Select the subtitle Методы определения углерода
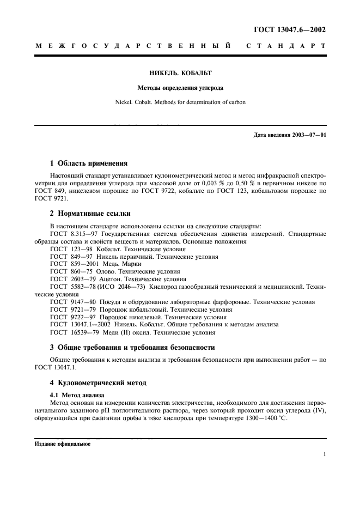[x=180, y=87]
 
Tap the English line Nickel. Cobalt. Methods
[x=180, y=101]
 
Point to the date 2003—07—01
[x=308, y=135]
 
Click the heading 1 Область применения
[x=89, y=163]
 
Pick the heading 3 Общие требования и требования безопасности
[x=132, y=347]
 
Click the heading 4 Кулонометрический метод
[x=98, y=383]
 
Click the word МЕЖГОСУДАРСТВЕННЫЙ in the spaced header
[x=133, y=47]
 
